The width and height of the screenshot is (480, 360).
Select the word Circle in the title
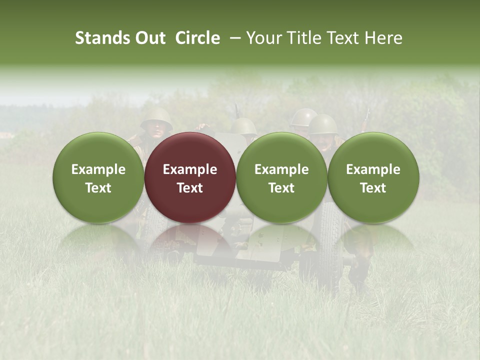tap(197, 38)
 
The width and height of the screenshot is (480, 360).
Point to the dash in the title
tap(233, 38)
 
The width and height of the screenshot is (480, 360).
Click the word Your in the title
tap(264, 38)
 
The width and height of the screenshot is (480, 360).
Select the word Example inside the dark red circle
tap(190, 169)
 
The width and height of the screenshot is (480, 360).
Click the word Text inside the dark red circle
tap(190, 188)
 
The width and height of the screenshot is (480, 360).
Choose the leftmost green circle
tap(98, 177)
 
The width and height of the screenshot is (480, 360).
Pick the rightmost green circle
tap(373, 177)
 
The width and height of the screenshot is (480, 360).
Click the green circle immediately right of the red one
tap(281, 177)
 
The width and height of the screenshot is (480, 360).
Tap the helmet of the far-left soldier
tap(156, 118)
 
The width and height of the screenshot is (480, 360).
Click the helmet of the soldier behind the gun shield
tap(243, 125)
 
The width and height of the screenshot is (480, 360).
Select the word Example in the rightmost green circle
tap(373, 169)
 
